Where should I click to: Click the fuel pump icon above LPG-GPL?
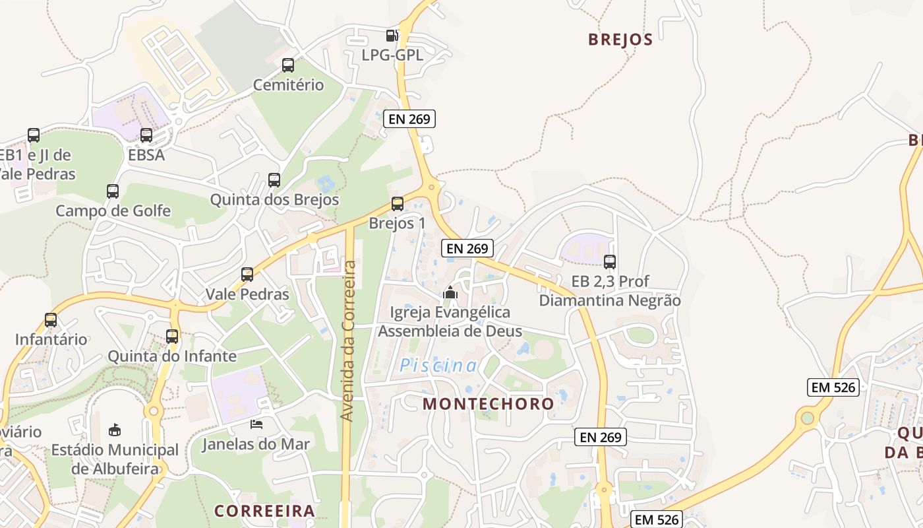(392, 36)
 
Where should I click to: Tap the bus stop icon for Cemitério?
(288, 65)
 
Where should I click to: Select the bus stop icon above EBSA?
(146, 135)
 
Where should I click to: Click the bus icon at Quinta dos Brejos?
(274, 180)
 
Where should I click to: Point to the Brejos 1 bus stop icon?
(397, 204)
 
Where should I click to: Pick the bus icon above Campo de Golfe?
(113, 191)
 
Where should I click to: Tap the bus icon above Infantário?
(51, 320)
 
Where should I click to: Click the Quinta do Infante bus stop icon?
(172, 337)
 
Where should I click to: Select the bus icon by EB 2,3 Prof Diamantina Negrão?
(610, 262)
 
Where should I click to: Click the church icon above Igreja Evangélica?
(450, 292)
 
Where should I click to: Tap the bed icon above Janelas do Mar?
(256, 424)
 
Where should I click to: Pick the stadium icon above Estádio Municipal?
(115, 430)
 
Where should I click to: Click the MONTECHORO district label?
(489, 404)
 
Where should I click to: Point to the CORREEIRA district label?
(264, 511)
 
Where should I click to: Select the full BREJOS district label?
(620, 40)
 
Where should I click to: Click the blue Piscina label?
(438, 366)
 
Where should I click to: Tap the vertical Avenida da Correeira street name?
(349, 341)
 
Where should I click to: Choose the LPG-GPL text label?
(392, 55)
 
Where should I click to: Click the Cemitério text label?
(289, 85)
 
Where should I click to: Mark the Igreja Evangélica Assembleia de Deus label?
(450, 321)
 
